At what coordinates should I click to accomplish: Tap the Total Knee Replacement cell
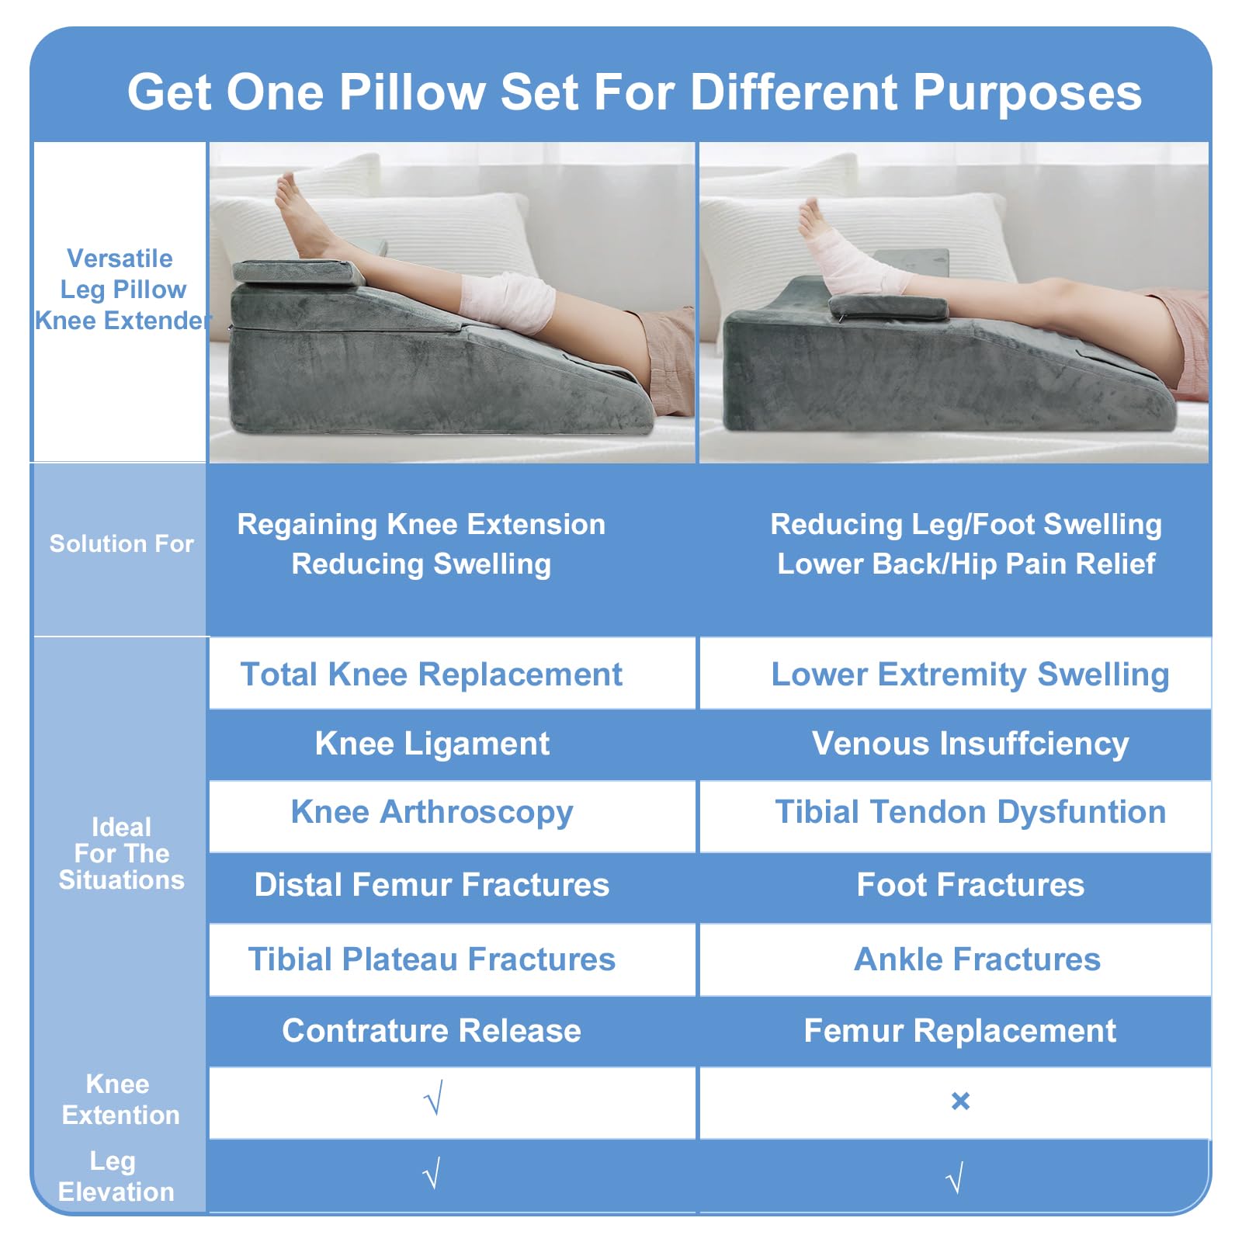click(453, 673)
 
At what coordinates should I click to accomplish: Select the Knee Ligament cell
click(453, 744)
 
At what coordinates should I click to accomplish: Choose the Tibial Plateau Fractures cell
click(453, 959)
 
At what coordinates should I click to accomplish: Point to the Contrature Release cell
click(453, 1031)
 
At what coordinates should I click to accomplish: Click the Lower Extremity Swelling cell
click(956, 673)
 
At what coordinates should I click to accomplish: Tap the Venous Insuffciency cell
click(956, 744)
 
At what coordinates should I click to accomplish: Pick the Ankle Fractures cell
click(956, 959)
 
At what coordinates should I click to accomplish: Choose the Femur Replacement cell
click(956, 1031)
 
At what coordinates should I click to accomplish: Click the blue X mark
click(960, 1101)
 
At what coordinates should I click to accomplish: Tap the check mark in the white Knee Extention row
click(434, 1098)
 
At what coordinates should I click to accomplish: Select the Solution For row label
click(121, 543)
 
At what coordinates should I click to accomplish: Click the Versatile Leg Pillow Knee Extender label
click(122, 289)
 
